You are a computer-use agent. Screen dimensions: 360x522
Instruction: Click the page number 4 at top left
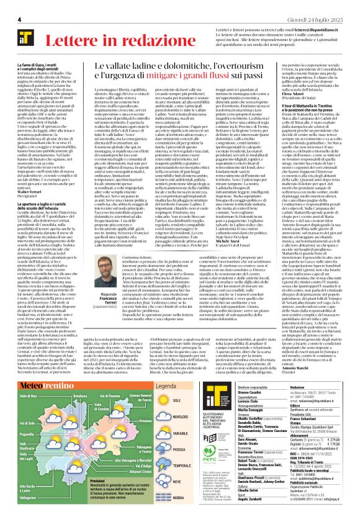20,20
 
